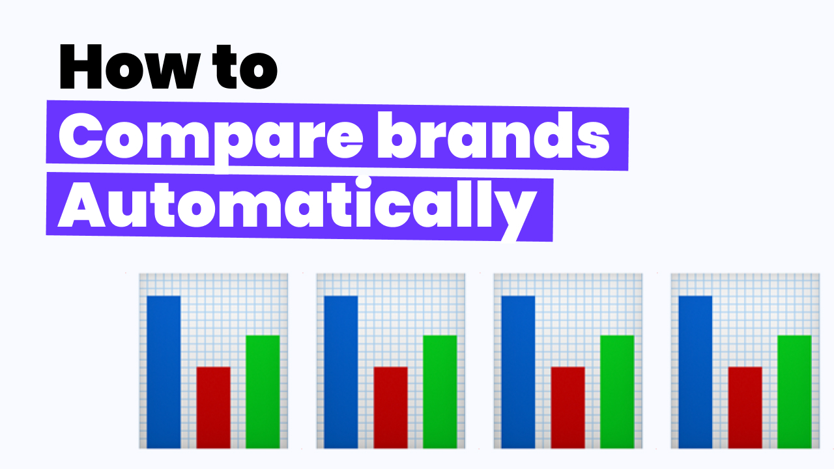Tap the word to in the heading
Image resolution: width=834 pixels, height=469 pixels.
246,66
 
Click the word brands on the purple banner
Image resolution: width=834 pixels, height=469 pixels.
494,135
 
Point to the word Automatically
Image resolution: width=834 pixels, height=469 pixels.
298,207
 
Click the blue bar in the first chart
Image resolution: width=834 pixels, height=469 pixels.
164,372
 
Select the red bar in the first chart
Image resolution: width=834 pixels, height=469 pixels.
213,408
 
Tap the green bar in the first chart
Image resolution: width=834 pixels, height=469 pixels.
263,391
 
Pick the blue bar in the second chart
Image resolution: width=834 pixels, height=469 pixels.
341,372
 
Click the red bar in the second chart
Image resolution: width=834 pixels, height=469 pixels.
390,408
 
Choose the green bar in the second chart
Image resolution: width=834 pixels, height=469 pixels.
440,391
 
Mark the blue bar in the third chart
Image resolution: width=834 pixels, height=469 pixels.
518,372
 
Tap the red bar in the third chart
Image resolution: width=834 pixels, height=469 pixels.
568,408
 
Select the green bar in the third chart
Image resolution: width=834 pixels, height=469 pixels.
617,391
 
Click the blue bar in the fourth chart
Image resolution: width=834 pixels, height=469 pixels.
695,372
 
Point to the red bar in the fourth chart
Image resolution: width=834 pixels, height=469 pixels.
745,408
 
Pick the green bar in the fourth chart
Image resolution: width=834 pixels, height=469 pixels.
794,391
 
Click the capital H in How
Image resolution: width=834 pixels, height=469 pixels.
81,66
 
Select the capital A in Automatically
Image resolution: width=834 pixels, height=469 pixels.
82,204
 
